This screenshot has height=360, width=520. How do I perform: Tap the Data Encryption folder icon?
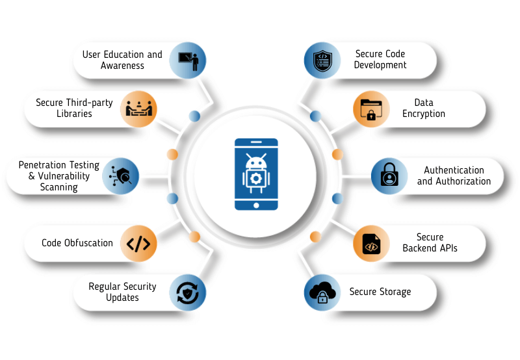[x=371, y=109]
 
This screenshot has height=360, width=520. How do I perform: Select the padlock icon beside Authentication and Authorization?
[x=389, y=175]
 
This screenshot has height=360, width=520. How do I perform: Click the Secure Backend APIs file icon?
[x=371, y=243]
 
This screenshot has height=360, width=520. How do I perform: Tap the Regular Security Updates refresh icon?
[x=188, y=292]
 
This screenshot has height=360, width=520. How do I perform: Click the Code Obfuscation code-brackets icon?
[x=138, y=244]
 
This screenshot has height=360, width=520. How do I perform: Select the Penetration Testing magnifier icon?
[x=121, y=176]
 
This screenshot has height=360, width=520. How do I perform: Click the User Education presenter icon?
[x=188, y=60]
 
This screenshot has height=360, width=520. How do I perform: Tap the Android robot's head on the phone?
[x=255, y=161]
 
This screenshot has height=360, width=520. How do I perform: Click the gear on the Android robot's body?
[x=255, y=179]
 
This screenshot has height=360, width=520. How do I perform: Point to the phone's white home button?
[x=255, y=205]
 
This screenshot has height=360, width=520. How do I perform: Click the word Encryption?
[x=424, y=114]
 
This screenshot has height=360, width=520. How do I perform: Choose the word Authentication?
[x=454, y=170]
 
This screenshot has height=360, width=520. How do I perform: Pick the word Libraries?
[x=73, y=114]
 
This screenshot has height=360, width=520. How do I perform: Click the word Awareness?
[x=122, y=66]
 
